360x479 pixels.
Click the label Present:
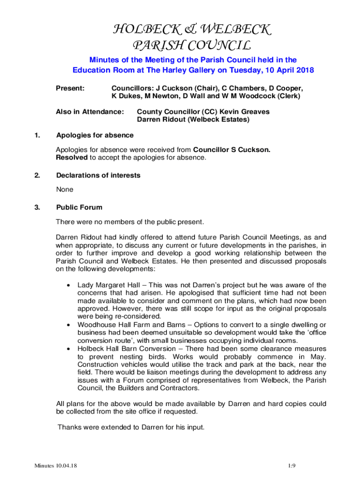point(70,88)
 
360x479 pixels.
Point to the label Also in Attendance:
point(90,112)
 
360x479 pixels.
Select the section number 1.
point(37,135)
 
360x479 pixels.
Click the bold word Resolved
point(72,158)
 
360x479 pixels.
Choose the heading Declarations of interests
point(98,175)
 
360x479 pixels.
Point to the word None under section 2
point(65,189)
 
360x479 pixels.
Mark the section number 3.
point(37,207)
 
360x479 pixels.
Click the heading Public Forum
point(79,207)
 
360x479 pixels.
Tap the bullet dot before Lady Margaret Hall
point(69,284)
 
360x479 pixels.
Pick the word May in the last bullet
point(318,356)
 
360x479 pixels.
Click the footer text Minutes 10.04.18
point(55,465)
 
